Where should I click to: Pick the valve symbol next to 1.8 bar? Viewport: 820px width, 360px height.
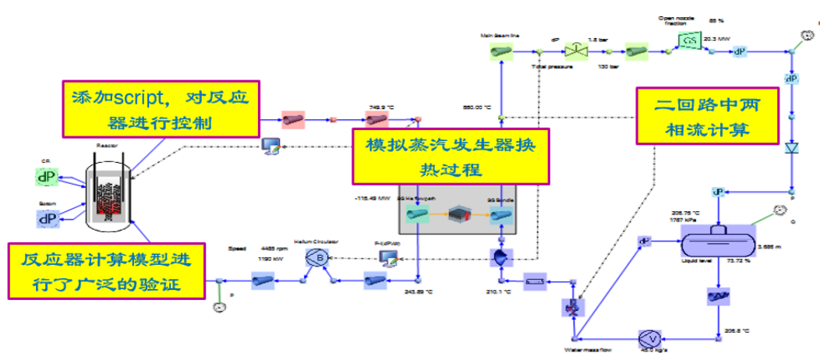(578, 51)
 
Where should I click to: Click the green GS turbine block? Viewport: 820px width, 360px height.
(689, 41)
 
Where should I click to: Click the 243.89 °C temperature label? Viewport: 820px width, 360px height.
(419, 293)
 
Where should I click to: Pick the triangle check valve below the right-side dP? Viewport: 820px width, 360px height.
(793, 147)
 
